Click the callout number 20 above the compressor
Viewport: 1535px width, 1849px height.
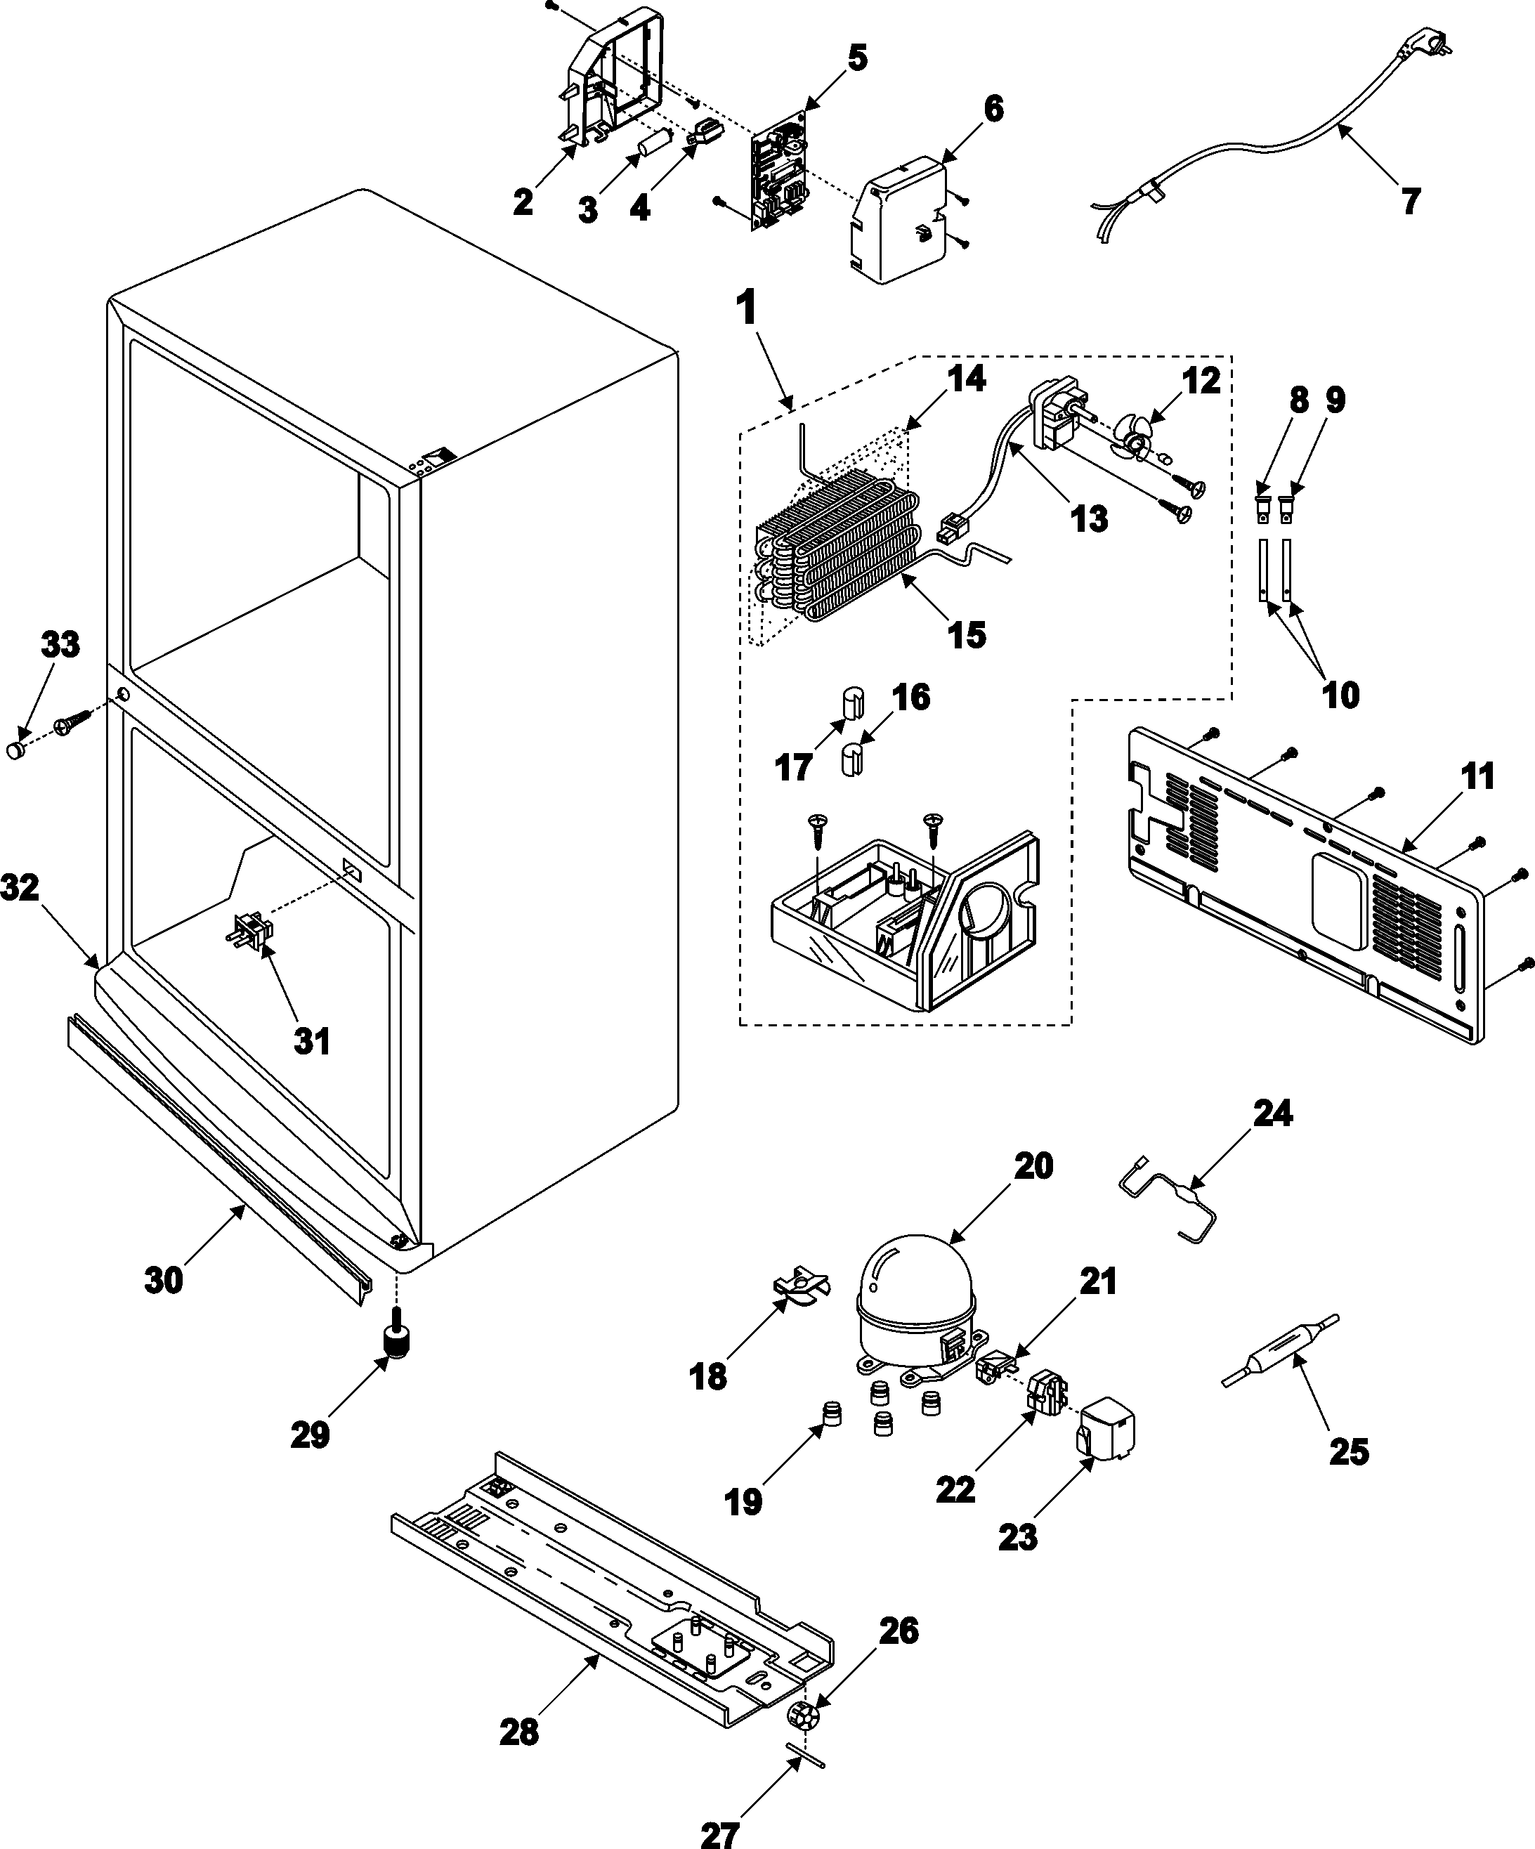click(1033, 1167)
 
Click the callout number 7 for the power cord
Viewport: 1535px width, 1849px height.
click(1410, 202)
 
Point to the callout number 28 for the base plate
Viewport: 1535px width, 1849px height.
click(518, 1733)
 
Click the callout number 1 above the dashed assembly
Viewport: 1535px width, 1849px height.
click(746, 310)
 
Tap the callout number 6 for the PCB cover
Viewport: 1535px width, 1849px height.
click(992, 109)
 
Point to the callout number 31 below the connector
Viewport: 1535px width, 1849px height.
click(311, 1042)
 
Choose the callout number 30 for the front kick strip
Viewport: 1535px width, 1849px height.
click(164, 1280)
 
